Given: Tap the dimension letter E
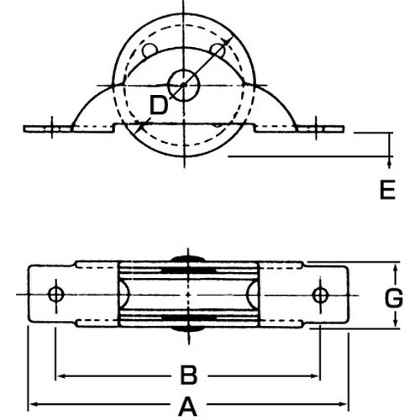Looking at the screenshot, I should [386, 192].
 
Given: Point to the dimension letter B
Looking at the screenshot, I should [190, 373].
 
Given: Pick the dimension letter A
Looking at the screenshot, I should [186, 406].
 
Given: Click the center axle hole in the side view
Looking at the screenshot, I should [182, 83].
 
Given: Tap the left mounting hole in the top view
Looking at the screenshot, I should [56, 294].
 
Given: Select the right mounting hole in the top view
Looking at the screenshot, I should [319, 294].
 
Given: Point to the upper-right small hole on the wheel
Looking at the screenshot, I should [218, 51].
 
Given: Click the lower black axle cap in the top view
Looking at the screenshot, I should [188, 330].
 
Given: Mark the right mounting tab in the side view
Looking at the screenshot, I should [319, 129].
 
